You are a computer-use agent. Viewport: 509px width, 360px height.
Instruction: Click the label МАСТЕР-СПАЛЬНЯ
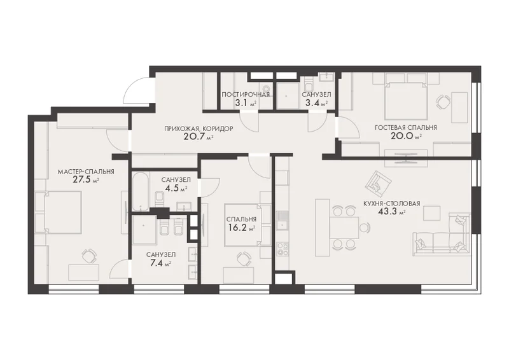coord(86,171)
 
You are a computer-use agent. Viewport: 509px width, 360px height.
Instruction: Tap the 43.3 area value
coord(387,212)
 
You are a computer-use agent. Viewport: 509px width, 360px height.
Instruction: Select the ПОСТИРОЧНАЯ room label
coord(246,95)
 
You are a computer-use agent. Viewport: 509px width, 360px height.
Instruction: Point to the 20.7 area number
coord(194,136)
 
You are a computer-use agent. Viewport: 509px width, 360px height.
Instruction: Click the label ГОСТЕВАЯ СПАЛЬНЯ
coord(406,128)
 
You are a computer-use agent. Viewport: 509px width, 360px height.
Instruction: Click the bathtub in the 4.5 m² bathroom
coord(141,192)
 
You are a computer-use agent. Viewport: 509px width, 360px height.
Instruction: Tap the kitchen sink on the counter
coord(282,220)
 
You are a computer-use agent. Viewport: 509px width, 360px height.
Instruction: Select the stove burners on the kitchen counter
coord(282,249)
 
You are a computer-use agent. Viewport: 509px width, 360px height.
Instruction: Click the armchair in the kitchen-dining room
coord(377,183)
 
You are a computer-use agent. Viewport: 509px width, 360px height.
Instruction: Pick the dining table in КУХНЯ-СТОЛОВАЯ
coord(344,228)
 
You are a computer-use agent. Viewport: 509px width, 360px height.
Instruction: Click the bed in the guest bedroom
coord(406,100)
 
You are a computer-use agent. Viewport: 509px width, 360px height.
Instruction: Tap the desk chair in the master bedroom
coord(88,256)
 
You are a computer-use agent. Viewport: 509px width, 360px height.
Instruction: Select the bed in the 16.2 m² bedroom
coord(248,225)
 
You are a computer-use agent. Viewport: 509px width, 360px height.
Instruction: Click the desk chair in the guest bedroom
coord(442,102)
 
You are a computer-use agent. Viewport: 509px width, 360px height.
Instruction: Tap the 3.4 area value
coord(312,104)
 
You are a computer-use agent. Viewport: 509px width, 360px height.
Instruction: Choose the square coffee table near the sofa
coord(433,214)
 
